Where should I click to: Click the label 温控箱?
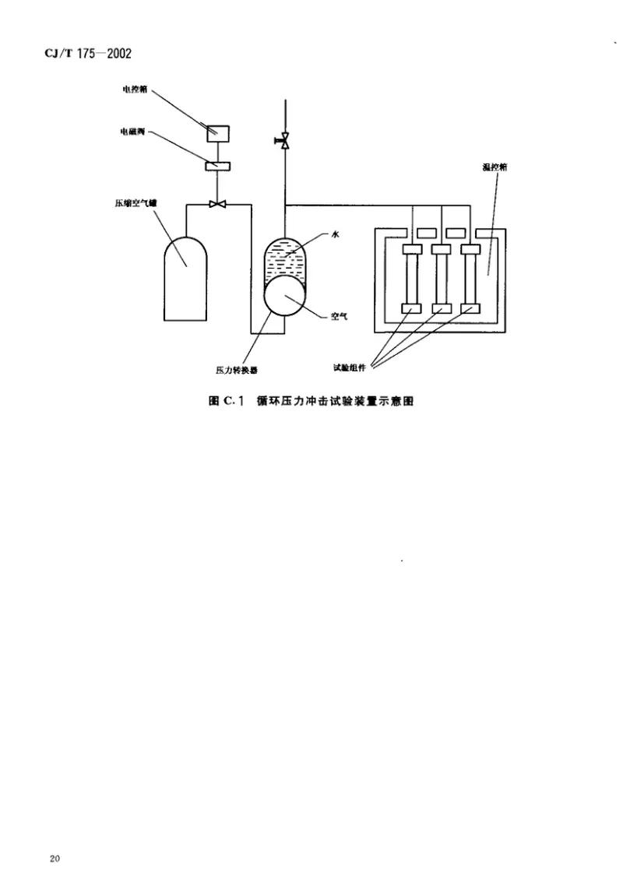pos(494,168)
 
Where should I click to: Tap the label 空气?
pos(338,316)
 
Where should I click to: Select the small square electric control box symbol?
pos(217,132)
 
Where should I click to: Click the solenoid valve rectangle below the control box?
pos(217,165)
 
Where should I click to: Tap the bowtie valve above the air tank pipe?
pos(217,205)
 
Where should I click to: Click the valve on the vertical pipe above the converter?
pos(285,141)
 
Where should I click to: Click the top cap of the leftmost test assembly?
pos(411,249)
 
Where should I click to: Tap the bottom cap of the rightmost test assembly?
pos(470,308)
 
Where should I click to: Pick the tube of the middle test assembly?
pos(441,279)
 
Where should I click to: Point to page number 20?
pos(54,859)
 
